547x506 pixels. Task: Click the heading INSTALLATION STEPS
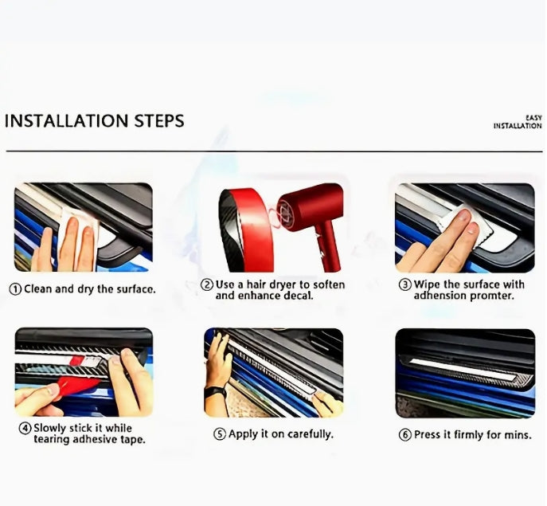[x=94, y=121]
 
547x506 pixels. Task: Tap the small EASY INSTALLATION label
[x=518, y=122]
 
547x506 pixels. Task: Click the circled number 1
[x=15, y=289]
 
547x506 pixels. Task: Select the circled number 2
[x=207, y=284]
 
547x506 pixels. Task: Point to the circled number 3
[x=405, y=284]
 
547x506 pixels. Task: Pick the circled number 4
[x=25, y=428]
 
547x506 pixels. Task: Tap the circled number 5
[x=220, y=434]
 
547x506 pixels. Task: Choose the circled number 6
[x=405, y=435]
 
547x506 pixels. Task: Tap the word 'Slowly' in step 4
[x=50, y=428]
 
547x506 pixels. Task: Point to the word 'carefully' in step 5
[x=311, y=434]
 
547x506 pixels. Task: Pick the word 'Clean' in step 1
[x=38, y=289]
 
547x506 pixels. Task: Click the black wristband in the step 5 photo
[x=215, y=392]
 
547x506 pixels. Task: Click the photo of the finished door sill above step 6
[x=465, y=373]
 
